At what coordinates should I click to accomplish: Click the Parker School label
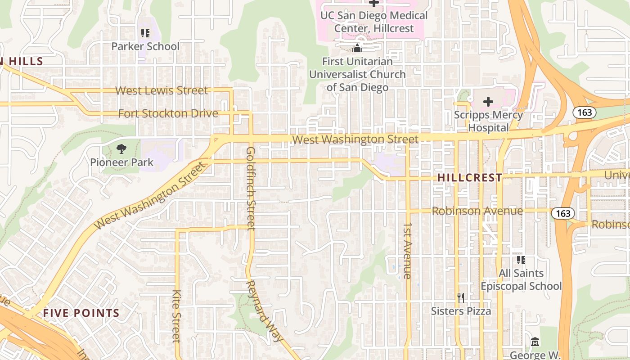[x=145, y=46]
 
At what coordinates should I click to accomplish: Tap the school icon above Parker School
[x=145, y=33]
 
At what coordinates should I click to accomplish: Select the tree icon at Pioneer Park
[x=121, y=149]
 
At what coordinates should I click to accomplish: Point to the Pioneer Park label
[x=122, y=162]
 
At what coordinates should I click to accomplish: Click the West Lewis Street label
[x=162, y=90]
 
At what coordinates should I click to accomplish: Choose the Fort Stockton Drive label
[x=168, y=114]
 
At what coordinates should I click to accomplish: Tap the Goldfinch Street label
[x=251, y=188]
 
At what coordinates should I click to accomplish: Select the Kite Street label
[x=176, y=316]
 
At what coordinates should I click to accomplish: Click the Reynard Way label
[x=265, y=310]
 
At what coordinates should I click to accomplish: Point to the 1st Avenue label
[x=408, y=250]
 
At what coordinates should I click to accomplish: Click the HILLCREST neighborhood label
[x=469, y=178]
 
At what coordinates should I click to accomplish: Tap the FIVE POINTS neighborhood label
[x=81, y=313]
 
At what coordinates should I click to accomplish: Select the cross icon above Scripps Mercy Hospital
[x=488, y=102]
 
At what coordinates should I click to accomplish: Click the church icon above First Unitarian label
[x=357, y=48]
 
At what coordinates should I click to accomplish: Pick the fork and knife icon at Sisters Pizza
[x=460, y=297]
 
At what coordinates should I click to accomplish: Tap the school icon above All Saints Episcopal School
[x=521, y=260]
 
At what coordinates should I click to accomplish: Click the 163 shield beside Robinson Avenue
[x=563, y=213]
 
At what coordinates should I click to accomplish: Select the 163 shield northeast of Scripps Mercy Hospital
[x=585, y=112]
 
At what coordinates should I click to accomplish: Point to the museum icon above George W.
[x=535, y=342]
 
